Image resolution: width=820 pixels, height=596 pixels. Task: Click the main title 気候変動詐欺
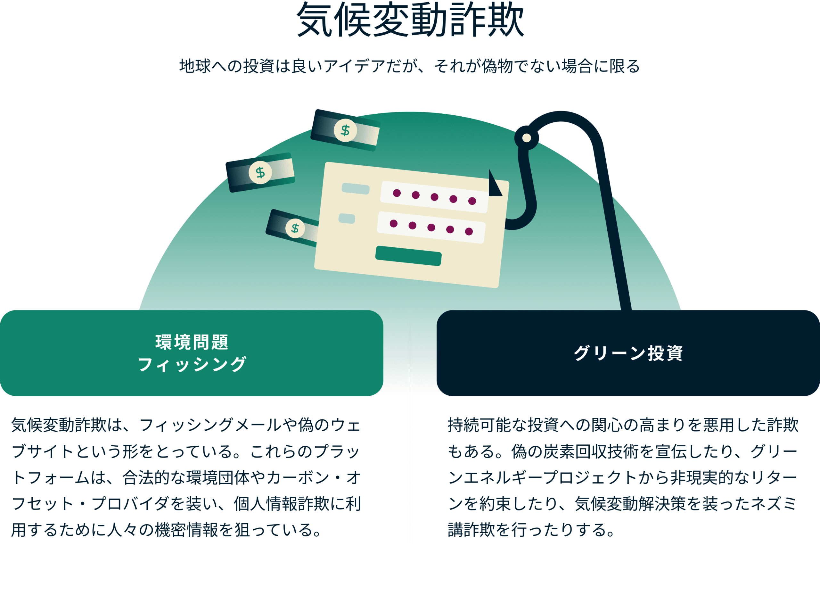click(x=410, y=20)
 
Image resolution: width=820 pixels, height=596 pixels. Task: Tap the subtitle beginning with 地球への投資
click(x=410, y=66)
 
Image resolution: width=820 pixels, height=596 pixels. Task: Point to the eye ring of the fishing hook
click(x=526, y=138)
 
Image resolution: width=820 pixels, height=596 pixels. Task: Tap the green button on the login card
click(x=408, y=256)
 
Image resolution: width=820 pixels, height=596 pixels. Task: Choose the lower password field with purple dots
click(x=431, y=227)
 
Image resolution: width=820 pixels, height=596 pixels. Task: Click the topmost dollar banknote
click(x=345, y=130)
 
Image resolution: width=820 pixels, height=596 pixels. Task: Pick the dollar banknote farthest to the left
click(x=260, y=172)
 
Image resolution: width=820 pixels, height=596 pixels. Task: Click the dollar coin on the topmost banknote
click(x=345, y=130)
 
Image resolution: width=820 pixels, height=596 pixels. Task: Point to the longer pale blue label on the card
click(x=356, y=188)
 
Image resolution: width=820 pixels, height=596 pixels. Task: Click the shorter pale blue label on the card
click(x=347, y=219)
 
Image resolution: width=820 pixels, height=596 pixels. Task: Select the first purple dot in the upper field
click(x=397, y=193)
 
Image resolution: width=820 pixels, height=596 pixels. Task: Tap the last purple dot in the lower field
click(x=469, y=231)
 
